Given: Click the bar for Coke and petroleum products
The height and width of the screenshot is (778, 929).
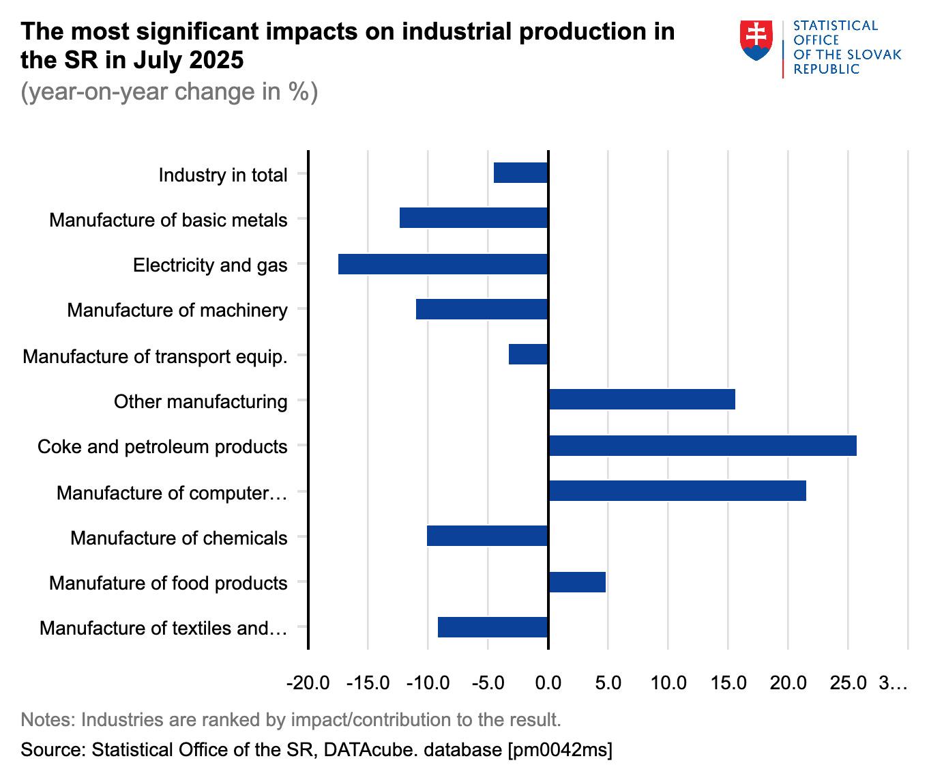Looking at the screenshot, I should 702,446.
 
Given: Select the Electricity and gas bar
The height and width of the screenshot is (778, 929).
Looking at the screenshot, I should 443,264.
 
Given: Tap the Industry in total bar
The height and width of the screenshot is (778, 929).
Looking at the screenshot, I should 520,173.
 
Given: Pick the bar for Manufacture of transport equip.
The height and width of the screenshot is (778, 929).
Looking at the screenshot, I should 528,354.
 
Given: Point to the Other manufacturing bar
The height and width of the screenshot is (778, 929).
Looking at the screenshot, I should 641,399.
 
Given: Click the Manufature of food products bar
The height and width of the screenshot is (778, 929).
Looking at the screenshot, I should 576,582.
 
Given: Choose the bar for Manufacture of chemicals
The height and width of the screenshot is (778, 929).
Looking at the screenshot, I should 487,536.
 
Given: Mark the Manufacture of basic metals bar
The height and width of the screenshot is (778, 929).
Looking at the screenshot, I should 473,218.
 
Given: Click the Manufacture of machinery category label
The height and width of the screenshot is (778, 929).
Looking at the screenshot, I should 177,311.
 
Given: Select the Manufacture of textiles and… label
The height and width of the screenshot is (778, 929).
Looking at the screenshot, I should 163,628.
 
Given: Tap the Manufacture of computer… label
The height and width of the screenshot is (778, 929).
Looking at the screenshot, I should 172,493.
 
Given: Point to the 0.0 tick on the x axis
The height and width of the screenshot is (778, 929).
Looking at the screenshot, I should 548,682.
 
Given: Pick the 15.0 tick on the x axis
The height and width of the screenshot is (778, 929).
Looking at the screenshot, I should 728,682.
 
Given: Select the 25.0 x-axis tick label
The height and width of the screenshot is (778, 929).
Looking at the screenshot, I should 848,682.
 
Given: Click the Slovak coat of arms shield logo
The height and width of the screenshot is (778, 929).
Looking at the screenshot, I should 756,40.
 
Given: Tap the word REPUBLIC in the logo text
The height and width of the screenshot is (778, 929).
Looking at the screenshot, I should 826,70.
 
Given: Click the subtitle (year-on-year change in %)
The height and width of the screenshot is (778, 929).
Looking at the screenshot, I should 169,91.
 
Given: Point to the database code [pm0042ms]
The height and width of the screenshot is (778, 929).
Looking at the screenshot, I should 559,750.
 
